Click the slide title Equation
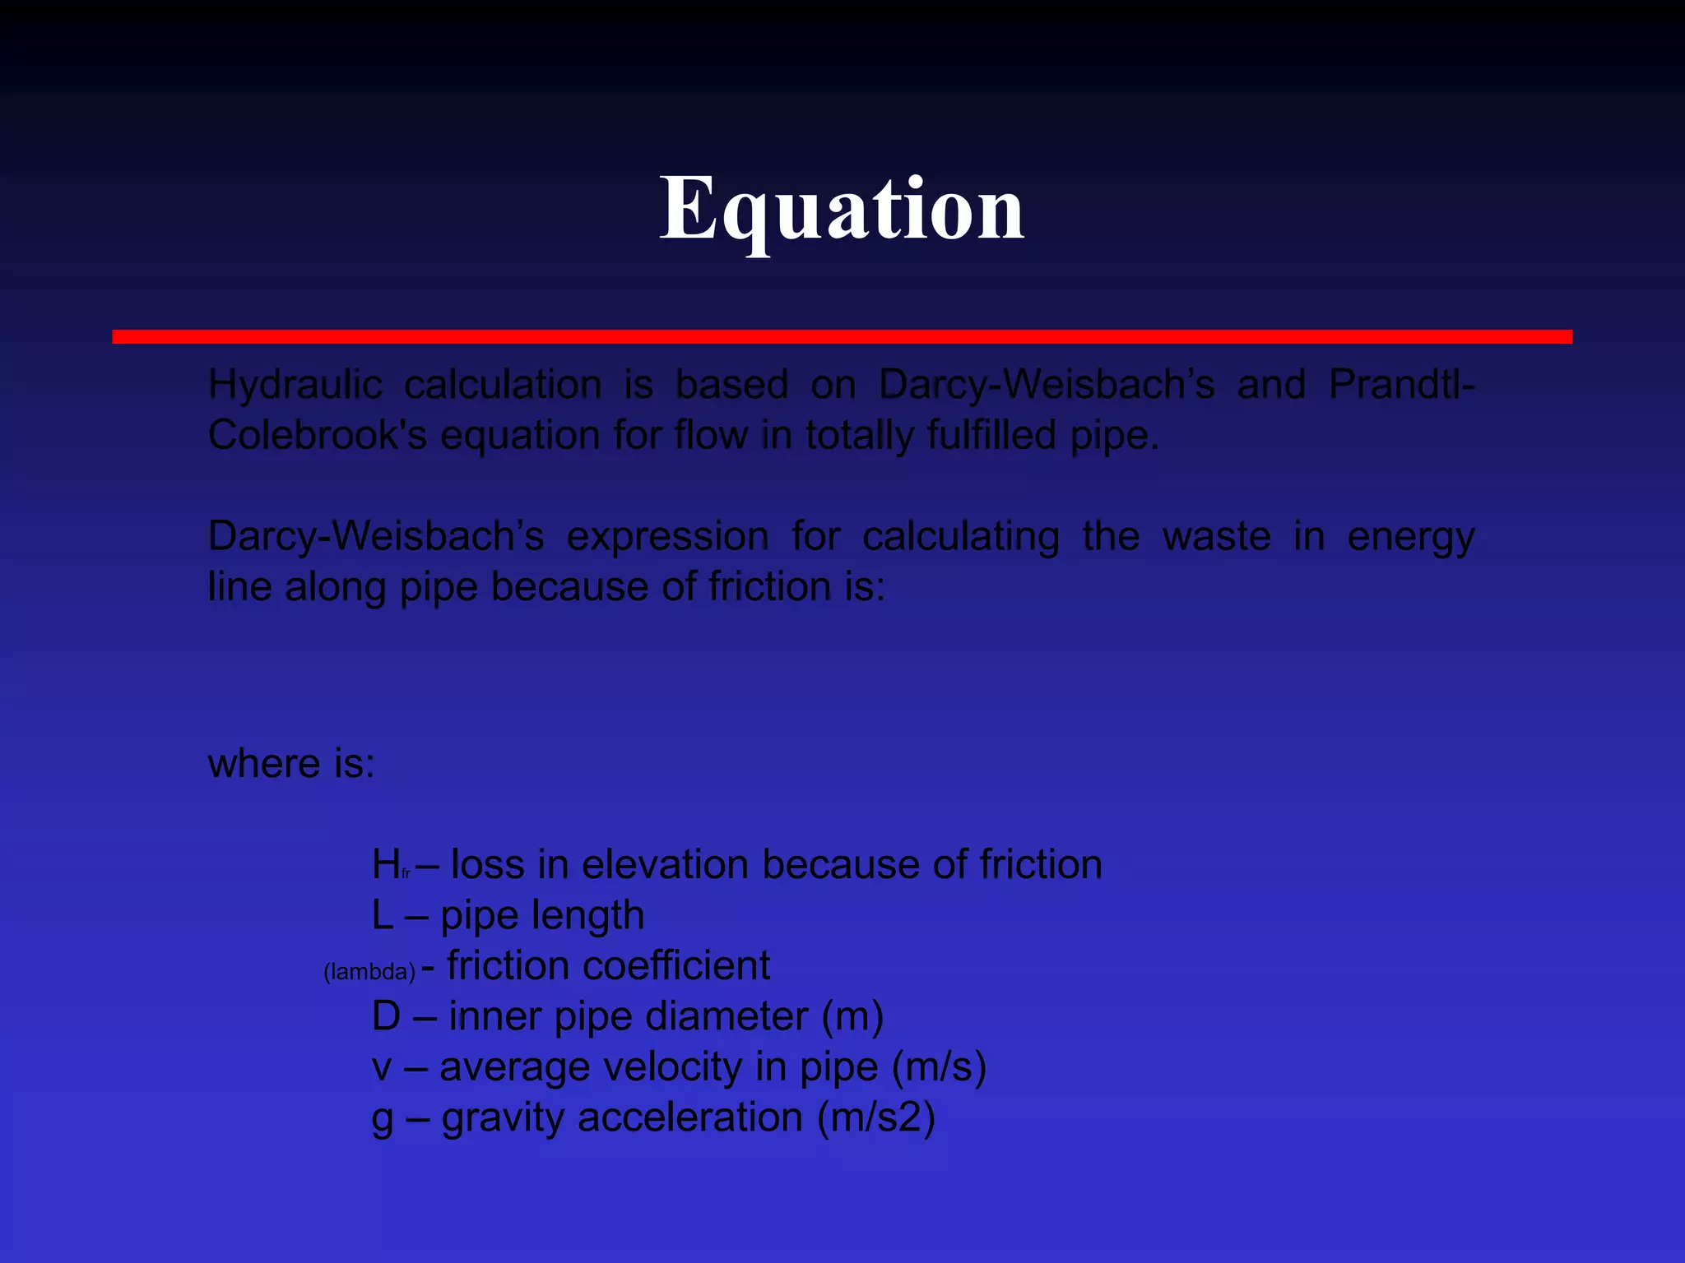(842, 210)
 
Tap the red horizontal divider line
(842, 336)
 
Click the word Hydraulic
(295, 385)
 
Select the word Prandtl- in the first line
(1401, 385)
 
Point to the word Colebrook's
(317, 435)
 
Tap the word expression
(667, 537)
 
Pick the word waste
(1216, 537)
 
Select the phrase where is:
(291, 764)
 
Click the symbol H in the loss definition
(386, 865)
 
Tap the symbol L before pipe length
(383, 915)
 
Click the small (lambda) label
(369, 972)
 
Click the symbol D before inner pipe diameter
(386, 1016)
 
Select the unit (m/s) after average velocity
(939, 1067)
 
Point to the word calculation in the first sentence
(503, 385)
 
